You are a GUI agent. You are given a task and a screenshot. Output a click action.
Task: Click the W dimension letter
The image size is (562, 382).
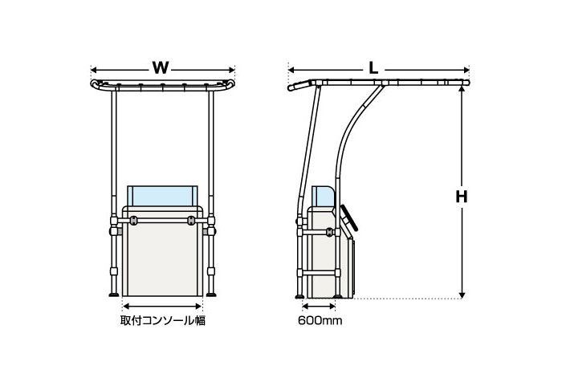click(161, 67)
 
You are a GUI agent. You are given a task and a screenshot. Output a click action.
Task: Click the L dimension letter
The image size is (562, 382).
click(373, 68)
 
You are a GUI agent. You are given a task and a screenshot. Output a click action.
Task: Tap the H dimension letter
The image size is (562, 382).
click(462, 197)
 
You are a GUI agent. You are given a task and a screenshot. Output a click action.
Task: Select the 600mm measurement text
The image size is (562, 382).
click(320, 320)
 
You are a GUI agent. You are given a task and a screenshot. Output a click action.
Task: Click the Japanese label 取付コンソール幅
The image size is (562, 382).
click(163, 320)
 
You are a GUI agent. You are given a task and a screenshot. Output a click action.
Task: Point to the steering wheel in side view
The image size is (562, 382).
click(349, 217)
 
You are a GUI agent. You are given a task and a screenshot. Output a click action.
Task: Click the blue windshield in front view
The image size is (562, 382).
click(162, 196)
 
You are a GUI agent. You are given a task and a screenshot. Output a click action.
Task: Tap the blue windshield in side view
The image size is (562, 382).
click(323, 196)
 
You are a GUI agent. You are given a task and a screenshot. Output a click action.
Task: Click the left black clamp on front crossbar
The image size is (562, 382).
click(133, 221)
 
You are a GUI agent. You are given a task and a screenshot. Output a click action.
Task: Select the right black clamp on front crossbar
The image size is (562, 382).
click(191, 221)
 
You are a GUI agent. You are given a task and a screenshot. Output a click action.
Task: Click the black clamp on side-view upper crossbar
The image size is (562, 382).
click(329, 232)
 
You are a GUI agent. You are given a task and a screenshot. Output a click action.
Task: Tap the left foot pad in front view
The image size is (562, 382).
click(114, 295)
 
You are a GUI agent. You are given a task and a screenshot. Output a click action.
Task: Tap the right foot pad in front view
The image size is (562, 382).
click(211, 295)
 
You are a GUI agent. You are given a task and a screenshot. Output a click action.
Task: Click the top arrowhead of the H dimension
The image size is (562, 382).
click(462, 88)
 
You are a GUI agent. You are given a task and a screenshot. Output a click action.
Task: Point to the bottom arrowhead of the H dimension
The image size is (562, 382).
click(462, 295)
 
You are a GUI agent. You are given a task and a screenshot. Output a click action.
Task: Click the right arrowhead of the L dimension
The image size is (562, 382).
click(466, 70)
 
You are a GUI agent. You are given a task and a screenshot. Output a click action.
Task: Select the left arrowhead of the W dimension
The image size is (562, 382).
click(94, 70)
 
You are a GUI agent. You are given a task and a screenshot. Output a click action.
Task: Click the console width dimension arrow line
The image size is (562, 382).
click(162, 306)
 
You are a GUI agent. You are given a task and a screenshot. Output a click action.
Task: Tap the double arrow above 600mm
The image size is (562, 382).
click(319, 306)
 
